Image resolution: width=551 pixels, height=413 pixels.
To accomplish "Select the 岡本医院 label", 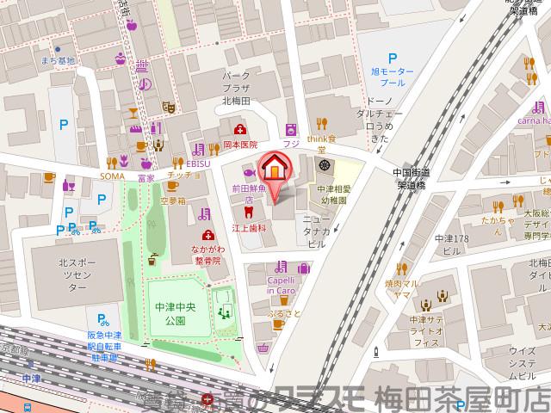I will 240,146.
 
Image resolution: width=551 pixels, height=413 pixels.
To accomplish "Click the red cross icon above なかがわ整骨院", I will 207,235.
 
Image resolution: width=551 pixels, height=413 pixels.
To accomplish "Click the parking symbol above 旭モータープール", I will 392,58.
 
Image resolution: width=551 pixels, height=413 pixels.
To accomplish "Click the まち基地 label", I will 58,60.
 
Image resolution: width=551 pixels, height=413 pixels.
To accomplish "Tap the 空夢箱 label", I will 172,200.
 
